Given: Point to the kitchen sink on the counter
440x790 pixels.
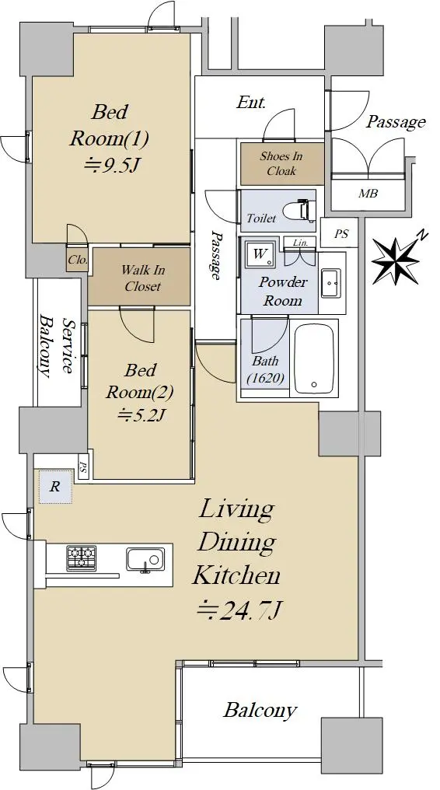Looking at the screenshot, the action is point(145,561).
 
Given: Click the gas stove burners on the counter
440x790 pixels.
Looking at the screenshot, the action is point(81,558).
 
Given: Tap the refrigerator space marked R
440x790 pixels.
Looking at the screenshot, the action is point(55,487).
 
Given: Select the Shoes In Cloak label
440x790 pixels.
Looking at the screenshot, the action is point(281,163).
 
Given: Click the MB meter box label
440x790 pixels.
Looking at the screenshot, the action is point(368,193).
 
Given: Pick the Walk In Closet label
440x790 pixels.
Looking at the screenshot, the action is point(142,278).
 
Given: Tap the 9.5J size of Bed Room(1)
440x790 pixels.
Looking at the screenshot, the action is point(110,165).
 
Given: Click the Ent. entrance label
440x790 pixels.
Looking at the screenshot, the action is point(251,103).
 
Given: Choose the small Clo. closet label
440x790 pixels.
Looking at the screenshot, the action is point(78,260).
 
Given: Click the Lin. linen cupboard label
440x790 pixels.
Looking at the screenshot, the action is point(300,243).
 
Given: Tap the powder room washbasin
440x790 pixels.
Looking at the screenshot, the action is point(331,283).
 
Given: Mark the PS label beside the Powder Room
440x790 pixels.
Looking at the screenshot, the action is point(340,234).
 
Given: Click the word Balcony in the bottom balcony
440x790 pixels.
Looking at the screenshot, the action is point(260,711).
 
